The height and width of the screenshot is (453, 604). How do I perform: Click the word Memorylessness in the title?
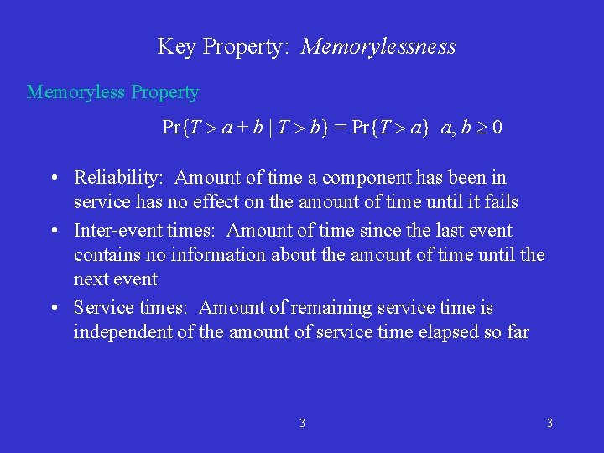coord(378,47)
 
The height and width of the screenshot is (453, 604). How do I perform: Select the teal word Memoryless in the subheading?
coord(77,92)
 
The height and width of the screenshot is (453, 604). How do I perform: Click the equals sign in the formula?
coord(340,128)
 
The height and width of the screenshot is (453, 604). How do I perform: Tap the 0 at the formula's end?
coord(497,128)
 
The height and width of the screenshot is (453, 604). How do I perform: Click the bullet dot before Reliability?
coord(53,178)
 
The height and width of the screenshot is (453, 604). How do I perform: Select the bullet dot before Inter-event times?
coord(53,231)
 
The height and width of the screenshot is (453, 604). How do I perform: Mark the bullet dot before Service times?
coord(53,308)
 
